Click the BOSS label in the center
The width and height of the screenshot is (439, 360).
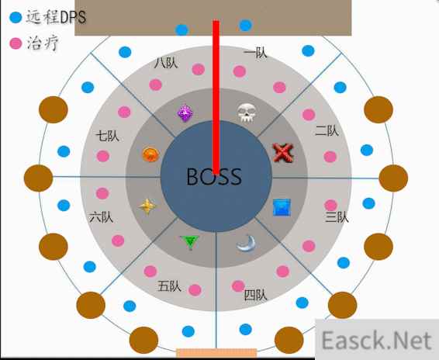point(214,176)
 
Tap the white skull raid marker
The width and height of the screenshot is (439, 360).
point(247,113)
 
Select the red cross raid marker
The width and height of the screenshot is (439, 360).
point(283,153)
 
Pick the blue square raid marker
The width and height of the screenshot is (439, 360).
point(282,208)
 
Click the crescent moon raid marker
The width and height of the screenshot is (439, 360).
point(246,243)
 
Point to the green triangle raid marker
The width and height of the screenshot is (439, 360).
point(190,242)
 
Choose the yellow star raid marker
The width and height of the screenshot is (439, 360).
point(147,206)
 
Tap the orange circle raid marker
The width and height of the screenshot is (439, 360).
point(151,154)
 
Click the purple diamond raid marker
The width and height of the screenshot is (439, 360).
point(185,113)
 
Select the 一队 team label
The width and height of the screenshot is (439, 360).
point(255,54)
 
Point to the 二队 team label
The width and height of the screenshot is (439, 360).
point(327,130)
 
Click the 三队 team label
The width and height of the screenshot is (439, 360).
point(337,217)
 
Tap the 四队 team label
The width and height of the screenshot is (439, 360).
point(256,295)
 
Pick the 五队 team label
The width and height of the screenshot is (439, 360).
point(169,286)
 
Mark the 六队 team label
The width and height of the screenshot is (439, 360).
point(101,217)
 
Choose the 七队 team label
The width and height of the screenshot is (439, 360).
point(107,137)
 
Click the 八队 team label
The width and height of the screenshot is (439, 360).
point(166,63)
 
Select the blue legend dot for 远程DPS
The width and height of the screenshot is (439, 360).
point(16,17)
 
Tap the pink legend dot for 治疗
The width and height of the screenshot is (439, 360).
point(16,43)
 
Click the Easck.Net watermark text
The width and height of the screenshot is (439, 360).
point(377,340)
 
